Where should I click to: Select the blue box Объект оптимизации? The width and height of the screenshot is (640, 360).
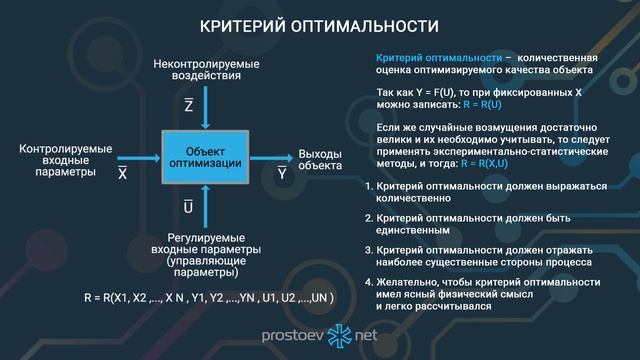pos(204,155)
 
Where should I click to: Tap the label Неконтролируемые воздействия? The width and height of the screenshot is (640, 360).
pos(204,69)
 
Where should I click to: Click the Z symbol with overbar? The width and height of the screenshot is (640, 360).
pos(189,104)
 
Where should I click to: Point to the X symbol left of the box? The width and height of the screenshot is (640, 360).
pos(123,172)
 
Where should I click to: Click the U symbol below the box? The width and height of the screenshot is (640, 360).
pos(188,207)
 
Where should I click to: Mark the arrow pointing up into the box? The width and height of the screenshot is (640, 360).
pos(204,204)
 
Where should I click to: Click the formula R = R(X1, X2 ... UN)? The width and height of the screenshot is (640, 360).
pos(208,298)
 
